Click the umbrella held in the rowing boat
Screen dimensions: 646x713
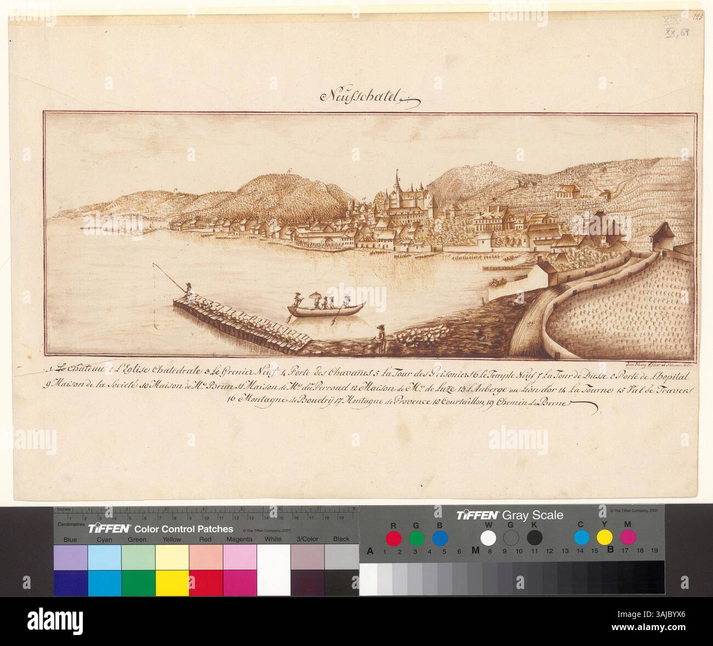click(x=317, y=296)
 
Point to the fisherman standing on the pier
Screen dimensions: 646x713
click(x=188, y=291)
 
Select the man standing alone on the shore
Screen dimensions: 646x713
click(x=377, y=335)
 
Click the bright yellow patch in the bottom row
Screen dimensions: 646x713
click(x=172, y=582)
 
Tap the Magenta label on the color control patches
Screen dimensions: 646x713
click(x=239, y=540)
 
